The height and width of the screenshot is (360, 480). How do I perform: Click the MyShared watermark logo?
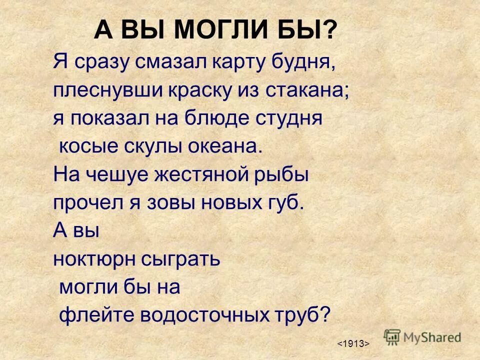point(422,336)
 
